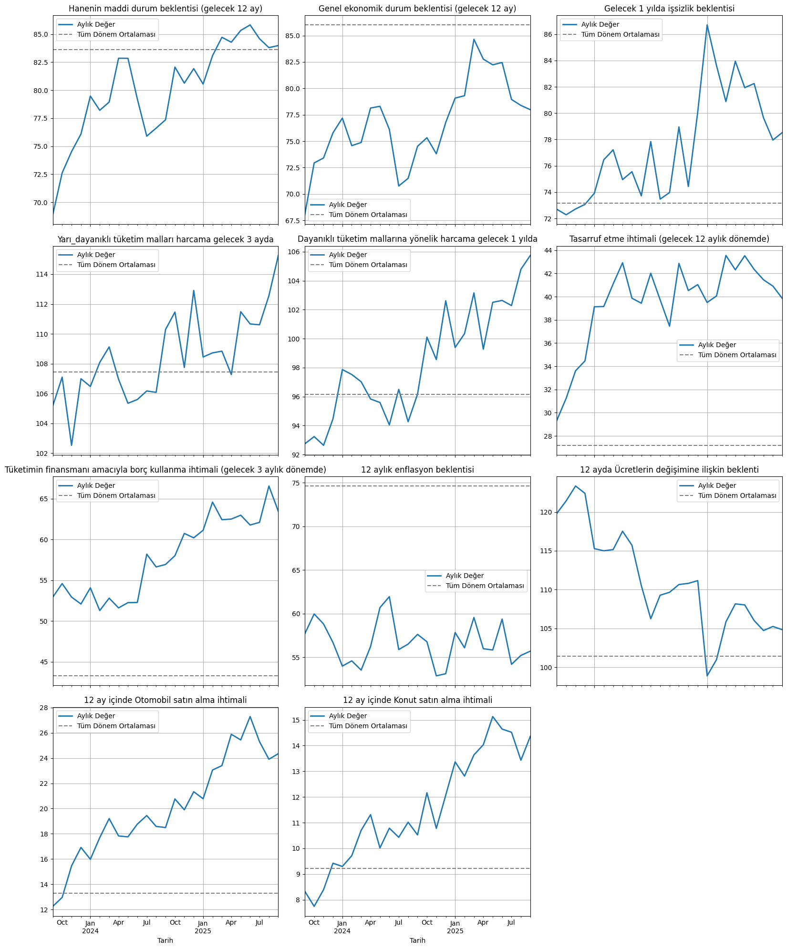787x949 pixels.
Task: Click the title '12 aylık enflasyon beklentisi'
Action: click(417, 470)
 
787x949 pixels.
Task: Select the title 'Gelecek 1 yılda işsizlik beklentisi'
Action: click(669, 9)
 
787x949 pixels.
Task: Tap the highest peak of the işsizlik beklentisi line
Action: click(707, 25)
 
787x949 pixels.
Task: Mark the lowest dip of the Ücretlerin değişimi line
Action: click(707, 676)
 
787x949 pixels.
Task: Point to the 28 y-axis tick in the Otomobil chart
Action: click(43, 708)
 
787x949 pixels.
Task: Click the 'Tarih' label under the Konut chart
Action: click(417, 940)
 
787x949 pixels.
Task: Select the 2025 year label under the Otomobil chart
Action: click(203, 931)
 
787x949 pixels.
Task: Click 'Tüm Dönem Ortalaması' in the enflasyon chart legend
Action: click(485, 586)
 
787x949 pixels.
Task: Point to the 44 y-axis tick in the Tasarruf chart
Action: click(547, 250)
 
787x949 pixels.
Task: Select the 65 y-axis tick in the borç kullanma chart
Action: click(43, 499)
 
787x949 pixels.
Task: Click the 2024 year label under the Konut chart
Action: click(342, 931)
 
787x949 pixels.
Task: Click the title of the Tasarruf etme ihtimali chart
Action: click(669, 239)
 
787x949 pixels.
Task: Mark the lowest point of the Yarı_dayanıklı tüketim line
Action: click(72, 445)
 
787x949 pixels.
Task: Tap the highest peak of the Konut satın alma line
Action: click(493, 716)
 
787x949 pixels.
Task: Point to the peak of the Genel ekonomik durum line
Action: click(474, 39)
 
